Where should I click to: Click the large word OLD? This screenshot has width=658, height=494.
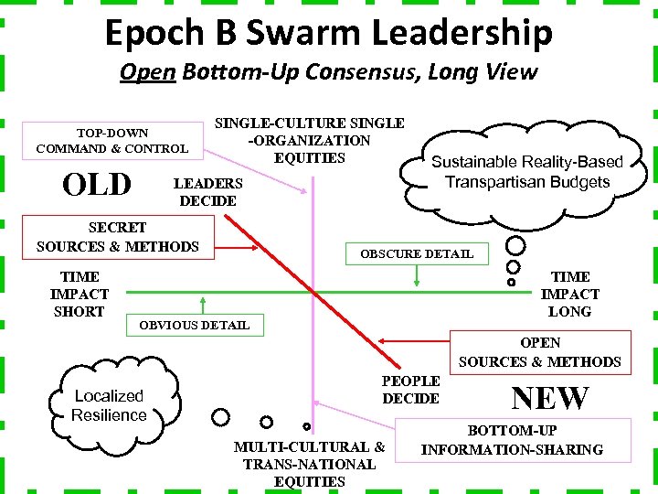pos(97,186)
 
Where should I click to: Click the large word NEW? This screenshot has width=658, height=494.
pos(550,398)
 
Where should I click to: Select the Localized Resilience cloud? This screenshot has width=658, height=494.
pos(110,404)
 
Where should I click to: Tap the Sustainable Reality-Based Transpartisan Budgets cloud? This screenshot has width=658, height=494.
pos(526,171)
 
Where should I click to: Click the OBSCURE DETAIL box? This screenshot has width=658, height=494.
pos(417,253)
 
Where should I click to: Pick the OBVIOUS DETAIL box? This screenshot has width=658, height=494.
pos(194,325)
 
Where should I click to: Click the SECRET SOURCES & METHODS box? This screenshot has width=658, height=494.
pos(117,236)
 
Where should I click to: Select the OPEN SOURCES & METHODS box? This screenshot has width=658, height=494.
pos(539,352)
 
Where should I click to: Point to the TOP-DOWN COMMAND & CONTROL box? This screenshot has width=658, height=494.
pos(112,140)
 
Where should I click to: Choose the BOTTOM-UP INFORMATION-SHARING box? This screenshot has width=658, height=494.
pos(512,439)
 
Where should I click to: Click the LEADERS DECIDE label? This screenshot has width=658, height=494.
pos(208,192)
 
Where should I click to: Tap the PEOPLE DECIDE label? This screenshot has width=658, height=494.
pos(411,389)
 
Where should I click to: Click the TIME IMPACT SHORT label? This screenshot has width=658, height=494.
pos(80,294)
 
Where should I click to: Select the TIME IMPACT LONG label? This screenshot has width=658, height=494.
pos(570,294)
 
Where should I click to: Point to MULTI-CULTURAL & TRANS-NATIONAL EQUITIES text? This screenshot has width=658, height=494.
pos(310,464)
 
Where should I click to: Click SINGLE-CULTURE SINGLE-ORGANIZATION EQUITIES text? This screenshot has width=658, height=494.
pos(309,140)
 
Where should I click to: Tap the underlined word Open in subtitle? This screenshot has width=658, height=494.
pos(147,71)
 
